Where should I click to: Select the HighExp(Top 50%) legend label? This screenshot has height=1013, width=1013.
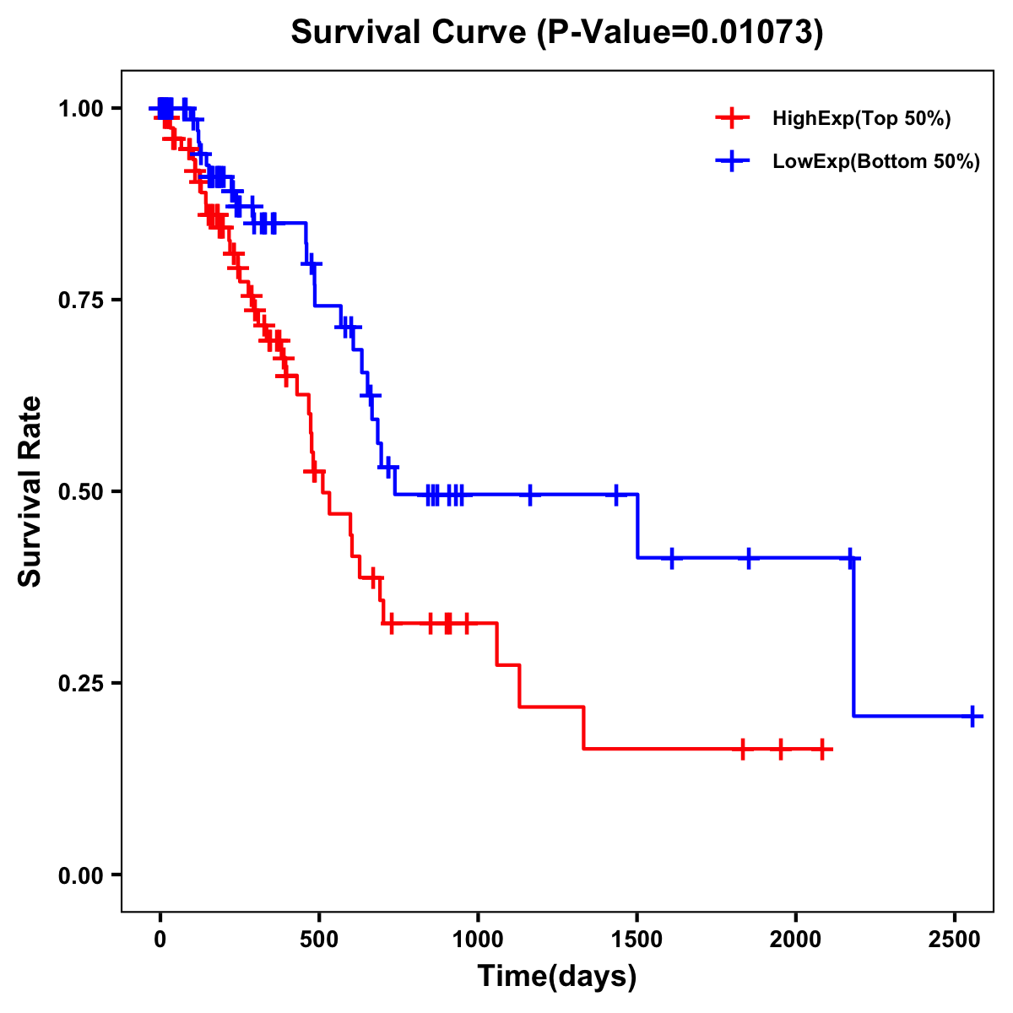coord(861,119)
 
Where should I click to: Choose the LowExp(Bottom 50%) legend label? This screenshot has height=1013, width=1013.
coord(876,162)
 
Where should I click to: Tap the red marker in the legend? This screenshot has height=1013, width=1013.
coord(732,119)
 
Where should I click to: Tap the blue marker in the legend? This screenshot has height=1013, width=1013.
coord(732,162)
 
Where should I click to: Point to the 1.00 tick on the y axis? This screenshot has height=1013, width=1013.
coord(79,109)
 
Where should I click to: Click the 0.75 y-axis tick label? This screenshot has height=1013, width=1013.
coord(79,301)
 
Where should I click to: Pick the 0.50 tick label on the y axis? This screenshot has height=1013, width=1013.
coord(79,492)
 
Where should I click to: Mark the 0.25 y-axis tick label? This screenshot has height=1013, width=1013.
coord(79,684)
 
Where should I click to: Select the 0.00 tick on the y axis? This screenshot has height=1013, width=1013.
coord(79,875)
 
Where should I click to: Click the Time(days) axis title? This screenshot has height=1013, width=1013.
coord(557,977)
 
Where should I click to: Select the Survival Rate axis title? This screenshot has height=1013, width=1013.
coord(30,491)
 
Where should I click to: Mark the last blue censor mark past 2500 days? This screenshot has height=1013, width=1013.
coord(972,716)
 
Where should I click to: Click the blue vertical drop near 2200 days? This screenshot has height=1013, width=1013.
coord(853,637)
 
